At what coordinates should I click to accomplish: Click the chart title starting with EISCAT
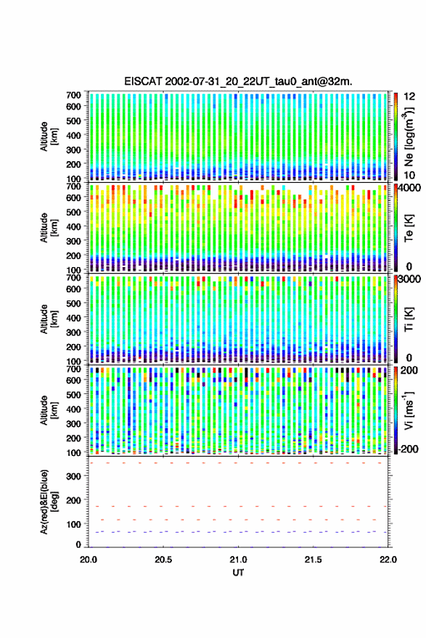coord(238,81)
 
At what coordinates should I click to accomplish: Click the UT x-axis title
coord(238,573)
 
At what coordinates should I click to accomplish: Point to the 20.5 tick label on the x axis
coord(163,560)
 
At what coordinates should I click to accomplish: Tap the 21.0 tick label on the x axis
coord(238,560)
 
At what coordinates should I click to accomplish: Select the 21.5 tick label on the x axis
coord(313,560)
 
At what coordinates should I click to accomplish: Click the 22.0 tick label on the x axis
coord(388,560)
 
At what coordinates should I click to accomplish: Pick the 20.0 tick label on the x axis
coord(89,560)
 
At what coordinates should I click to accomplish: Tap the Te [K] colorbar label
coord(409,227)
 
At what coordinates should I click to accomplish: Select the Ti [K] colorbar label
coord(409,319)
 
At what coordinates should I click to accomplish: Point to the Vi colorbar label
coord(409,410)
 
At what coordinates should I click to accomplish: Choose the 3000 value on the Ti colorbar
coord(410,279)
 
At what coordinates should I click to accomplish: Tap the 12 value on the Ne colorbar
coord(410,97)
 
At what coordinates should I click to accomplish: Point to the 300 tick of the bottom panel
coord(73,476)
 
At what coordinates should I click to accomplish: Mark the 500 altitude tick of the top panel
coord(73,120)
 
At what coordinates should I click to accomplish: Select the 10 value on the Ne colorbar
coord(410,176)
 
